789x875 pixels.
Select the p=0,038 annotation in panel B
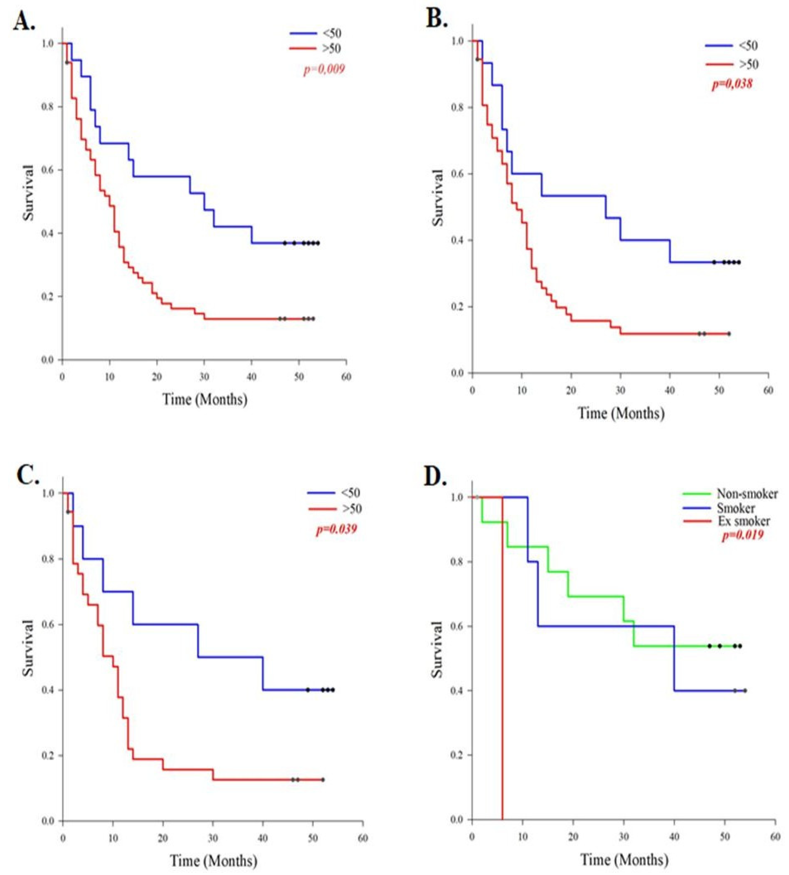[732, 83]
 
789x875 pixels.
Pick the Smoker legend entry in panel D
[736, 508]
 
